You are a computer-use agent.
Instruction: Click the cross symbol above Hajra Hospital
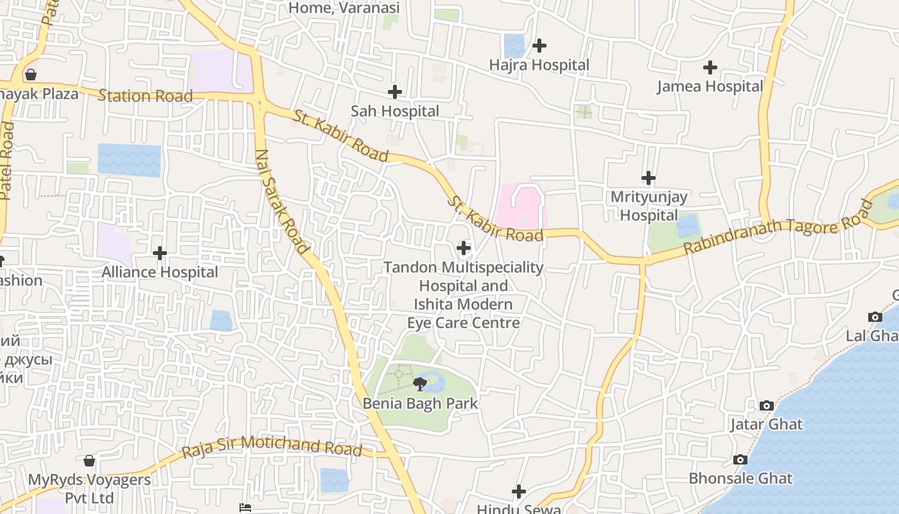[x=539, y=46]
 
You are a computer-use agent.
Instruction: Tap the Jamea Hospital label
[x=710, y=86]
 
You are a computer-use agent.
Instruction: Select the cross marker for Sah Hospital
[x=395, y=92]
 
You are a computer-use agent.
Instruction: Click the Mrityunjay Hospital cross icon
[x=649, y=178]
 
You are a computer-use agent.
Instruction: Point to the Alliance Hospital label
[x=160, y=272]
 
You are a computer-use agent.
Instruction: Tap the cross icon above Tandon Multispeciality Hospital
[x=463, y=247]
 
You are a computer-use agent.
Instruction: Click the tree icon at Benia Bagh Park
[x=420, y=385]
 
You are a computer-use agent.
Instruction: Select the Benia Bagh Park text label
[x=420, y=403]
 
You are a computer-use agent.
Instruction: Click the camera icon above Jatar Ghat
[x=766, y=406]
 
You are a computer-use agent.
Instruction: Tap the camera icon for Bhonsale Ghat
[x=740, y=460]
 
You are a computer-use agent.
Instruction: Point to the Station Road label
[x=145, y=96]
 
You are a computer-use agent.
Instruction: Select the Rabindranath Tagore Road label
[x=778, y=227]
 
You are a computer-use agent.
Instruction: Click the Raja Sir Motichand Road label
[x=272, y=447]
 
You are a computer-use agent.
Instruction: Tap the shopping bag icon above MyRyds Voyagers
[x=89, y=461]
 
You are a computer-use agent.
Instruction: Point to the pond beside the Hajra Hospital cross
[x=514, y=46]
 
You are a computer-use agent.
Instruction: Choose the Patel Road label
[x=6, y=161]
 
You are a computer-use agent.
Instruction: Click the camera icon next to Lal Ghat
[x=875, y=317]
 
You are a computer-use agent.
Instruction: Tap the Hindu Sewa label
[x=518, y=509]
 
